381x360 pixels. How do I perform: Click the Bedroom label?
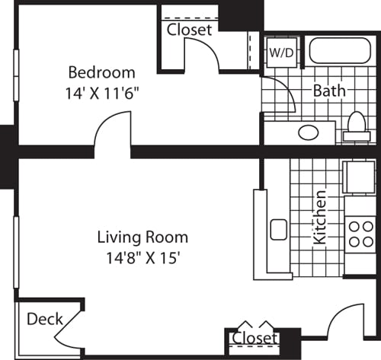[101, 73]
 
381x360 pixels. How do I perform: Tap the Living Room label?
[142, 237]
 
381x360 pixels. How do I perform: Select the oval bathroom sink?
[308, 132]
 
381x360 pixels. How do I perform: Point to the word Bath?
[330, 91]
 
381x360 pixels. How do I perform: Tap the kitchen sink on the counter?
[278, 229]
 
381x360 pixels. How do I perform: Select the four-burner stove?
[357, 234]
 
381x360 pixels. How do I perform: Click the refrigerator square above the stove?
[357, 178]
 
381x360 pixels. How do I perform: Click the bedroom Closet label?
[190, 30]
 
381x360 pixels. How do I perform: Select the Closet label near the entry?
[255, 338]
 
